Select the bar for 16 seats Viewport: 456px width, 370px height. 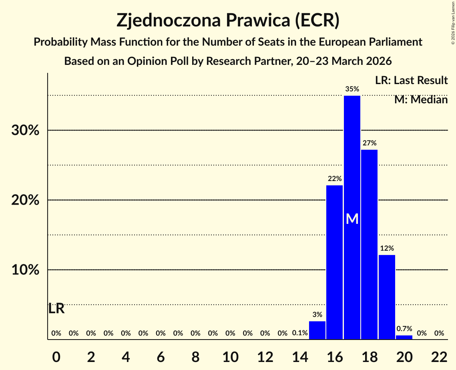coord(334,262)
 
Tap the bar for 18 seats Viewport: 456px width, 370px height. coord(369,244)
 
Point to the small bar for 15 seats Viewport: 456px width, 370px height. coord(317,330)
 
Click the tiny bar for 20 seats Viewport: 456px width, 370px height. coord(404,337)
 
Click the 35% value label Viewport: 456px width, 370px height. coord(352,89)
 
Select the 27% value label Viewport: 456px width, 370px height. coord(369,143)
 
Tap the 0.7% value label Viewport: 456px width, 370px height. coord(404,329)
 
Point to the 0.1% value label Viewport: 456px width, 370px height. coord(299,333)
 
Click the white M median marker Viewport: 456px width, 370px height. coord(352,219)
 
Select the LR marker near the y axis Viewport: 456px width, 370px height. coord(56,309)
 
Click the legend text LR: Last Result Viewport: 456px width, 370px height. coord(411,80)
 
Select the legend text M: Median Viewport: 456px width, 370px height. coord(421,100)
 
